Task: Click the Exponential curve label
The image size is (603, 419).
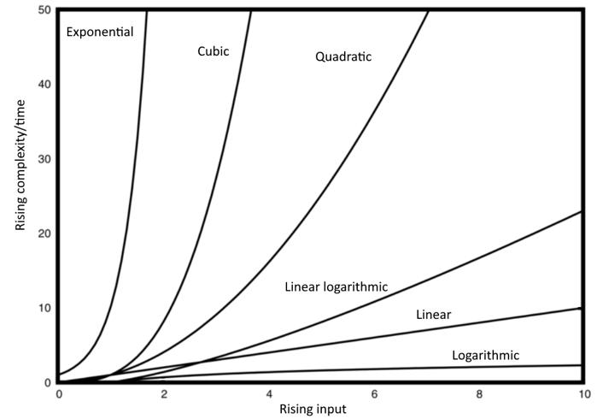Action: point(101,32)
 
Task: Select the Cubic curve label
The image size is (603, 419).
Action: point(214,51)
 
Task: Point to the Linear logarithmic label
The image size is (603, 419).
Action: point(336,287)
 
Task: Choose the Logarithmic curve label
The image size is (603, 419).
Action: point(485,355)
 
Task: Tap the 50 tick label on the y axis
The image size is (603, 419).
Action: point(44,9)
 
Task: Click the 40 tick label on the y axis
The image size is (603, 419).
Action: point(44,84)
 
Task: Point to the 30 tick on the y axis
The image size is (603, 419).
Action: point(44,159)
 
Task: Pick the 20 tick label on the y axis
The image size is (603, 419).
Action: point(44,233)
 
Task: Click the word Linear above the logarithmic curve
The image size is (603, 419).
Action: point(433,316)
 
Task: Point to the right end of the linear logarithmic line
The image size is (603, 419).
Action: point(582,211)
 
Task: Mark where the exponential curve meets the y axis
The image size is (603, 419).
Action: point(58,375)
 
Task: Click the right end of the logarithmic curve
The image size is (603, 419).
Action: point(582,365)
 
